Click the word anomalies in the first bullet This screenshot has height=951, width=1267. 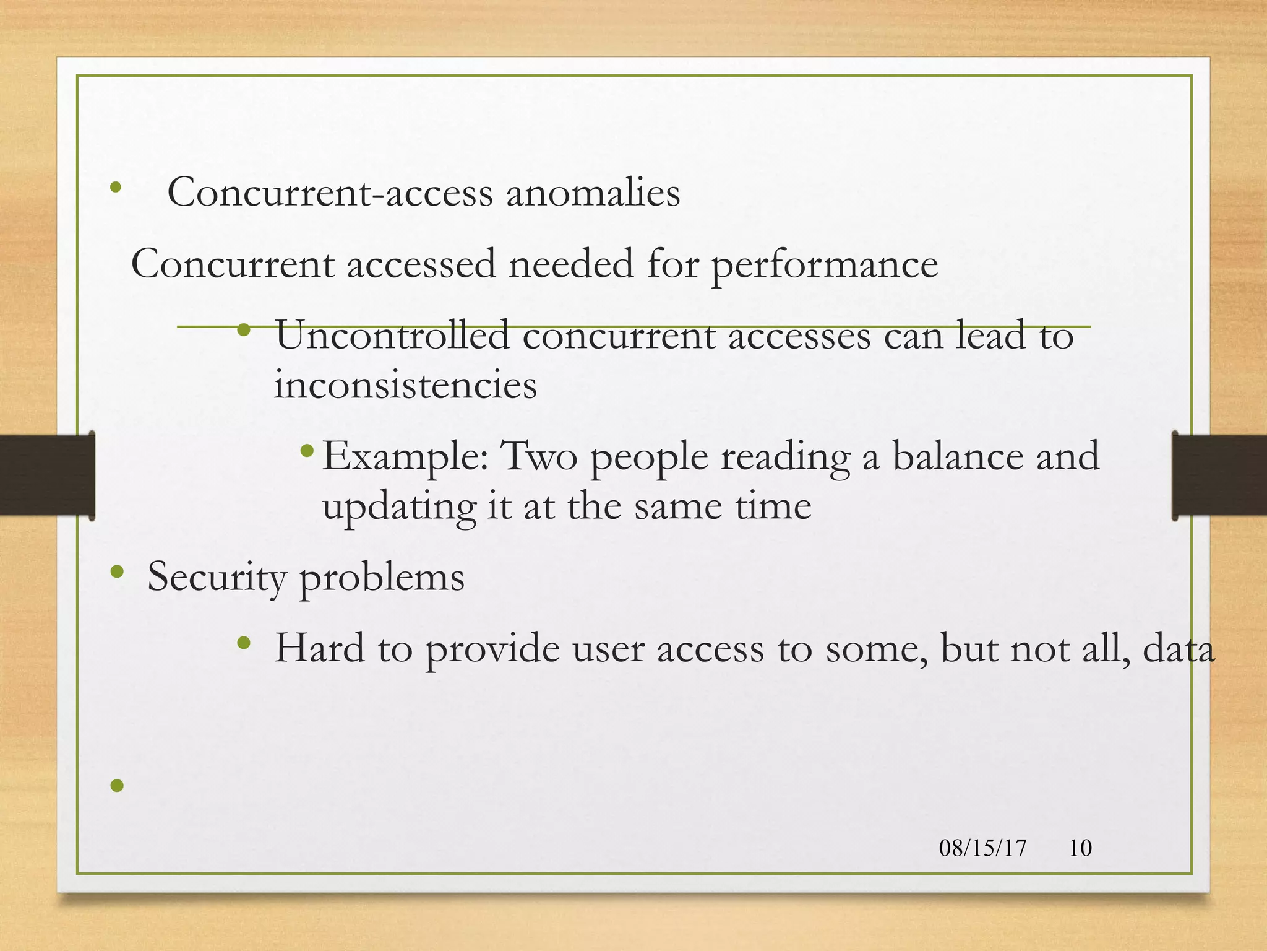593,193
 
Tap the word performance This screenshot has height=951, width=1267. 824,265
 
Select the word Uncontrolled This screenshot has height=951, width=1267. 392,336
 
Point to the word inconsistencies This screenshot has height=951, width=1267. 405,386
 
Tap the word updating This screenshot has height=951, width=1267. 399,507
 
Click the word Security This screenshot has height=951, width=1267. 216,578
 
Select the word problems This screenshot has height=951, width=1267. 382,578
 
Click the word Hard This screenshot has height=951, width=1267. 319,649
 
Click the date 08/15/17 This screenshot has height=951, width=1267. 982,848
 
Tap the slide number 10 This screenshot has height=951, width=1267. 1080,848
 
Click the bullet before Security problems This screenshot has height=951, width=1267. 117,572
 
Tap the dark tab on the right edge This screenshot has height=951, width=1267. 1219,475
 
